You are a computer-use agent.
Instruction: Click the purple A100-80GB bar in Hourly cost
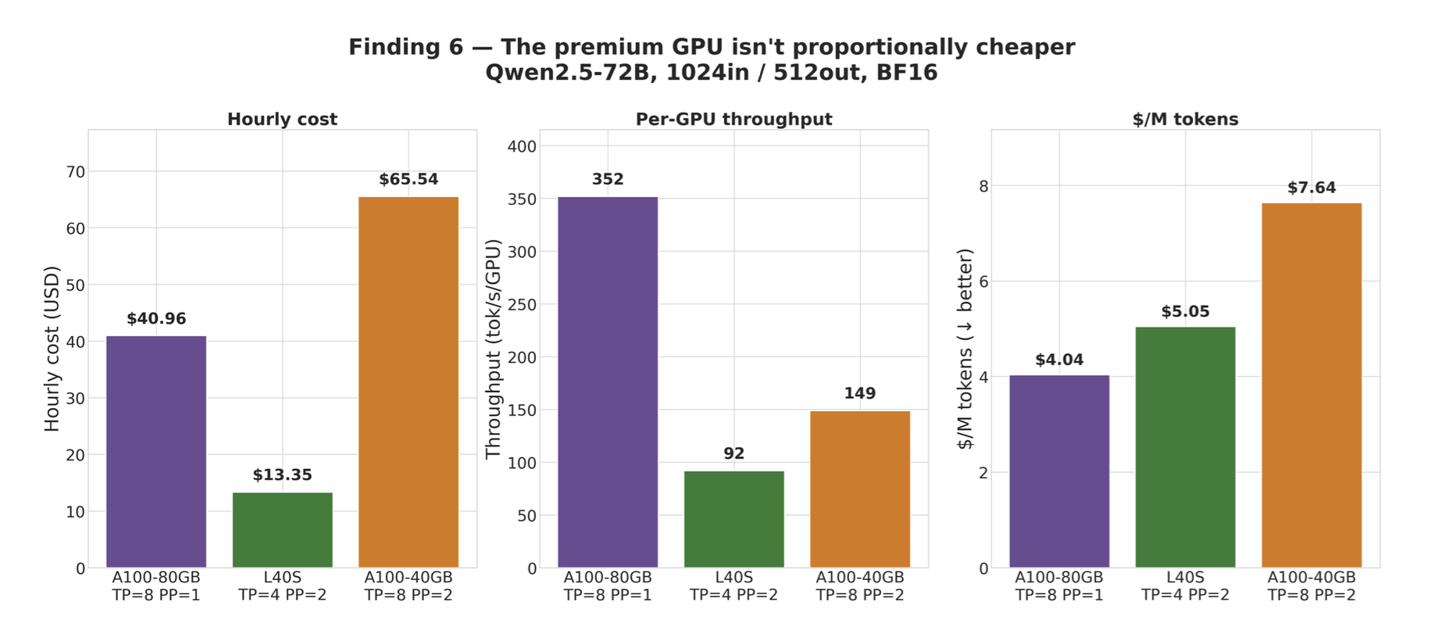pos(156,452)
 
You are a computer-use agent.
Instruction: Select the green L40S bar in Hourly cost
pos(283,530)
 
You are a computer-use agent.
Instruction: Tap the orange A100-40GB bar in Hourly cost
pos(409,382)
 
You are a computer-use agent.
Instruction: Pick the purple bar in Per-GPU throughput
pos(608,382)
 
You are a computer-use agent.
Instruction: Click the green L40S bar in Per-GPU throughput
pos(734,519)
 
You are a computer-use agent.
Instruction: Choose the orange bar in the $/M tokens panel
pos(1312,385)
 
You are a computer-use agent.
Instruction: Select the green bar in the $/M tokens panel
pos(1185,447)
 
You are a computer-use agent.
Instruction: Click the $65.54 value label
pos(409,180)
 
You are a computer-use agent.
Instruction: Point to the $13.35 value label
pos(282,475)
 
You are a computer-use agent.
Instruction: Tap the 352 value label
pos(608,180)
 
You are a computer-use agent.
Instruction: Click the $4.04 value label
pos(1059,360)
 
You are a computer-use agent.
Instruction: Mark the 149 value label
pos(860,394)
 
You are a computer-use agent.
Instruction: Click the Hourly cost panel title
pos(282,120)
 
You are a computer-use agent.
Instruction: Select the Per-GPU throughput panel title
pos(734,120)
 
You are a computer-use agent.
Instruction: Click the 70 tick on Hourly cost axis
pos(76,172)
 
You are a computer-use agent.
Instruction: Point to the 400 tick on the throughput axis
pos(522,146)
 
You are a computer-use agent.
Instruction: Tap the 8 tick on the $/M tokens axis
pos(984,186)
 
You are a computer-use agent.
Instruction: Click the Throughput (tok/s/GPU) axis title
pos(493,349)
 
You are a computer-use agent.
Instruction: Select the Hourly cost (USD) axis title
pos(52,349)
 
